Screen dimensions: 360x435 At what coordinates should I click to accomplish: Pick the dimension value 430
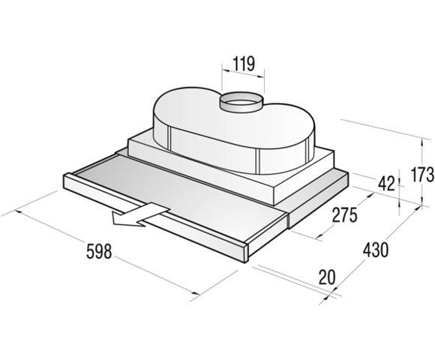click(373, 250)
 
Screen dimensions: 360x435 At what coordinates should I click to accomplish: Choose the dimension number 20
click(325, 277)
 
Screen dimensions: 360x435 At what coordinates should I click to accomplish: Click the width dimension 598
click(92, 252)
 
